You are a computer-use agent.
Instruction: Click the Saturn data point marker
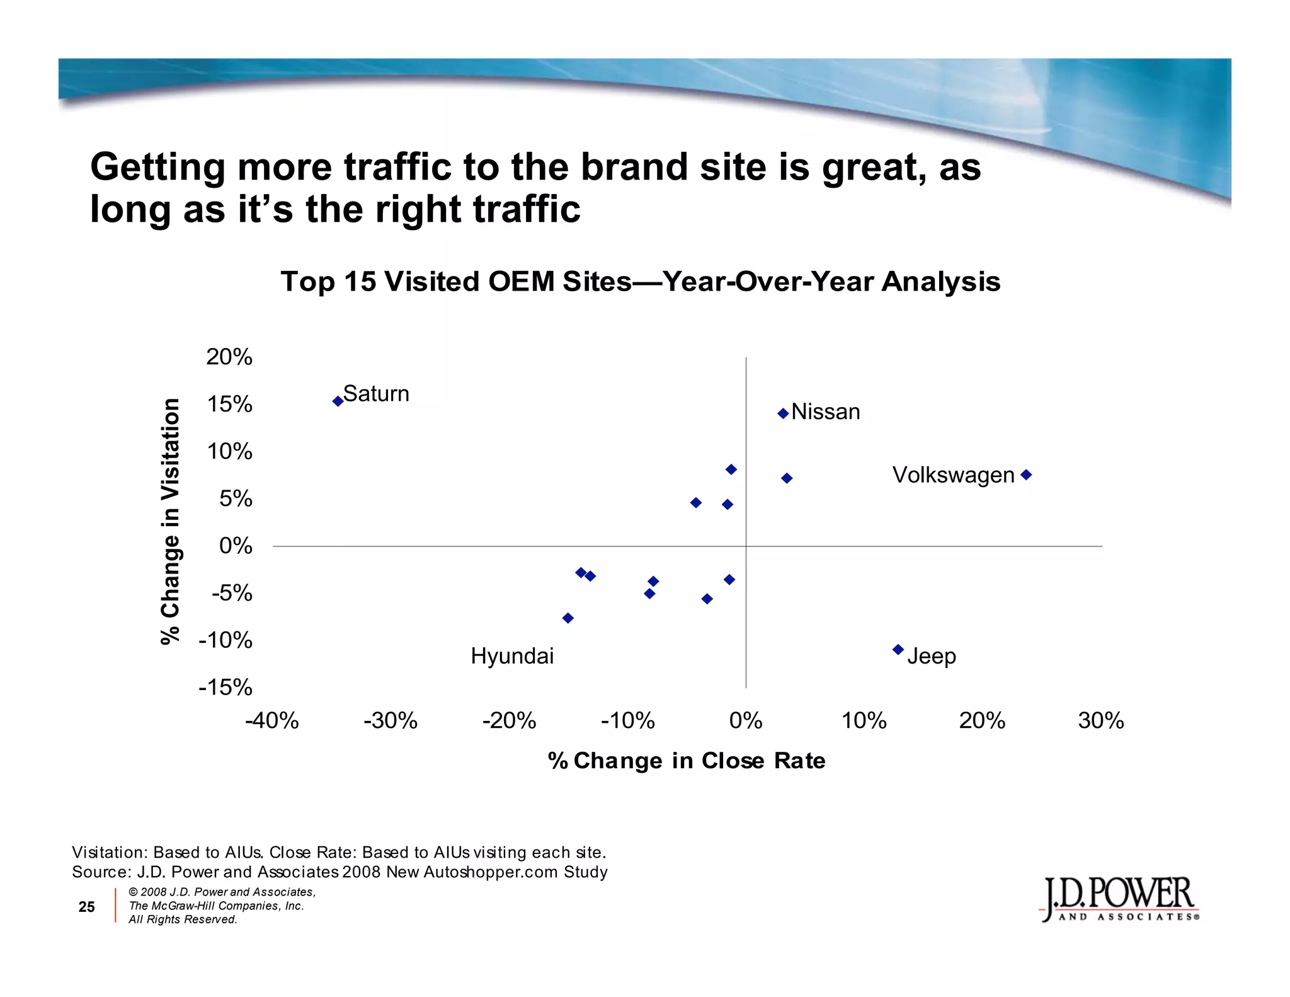point(338,401)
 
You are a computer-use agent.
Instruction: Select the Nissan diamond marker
point(783,413)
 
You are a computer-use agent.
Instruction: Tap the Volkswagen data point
point(1025,475)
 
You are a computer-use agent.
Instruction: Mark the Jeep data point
point(898,649)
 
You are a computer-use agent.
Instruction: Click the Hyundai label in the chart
point(512,656)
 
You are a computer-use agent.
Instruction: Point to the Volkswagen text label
point(953,475)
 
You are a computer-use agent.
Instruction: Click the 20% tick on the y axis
point(229,357)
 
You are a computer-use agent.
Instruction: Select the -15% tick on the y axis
point(225,687)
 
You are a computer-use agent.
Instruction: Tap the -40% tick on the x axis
point(272,720)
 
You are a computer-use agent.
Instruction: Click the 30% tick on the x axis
point(1100,720)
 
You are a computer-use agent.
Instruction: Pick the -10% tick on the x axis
point(627,720)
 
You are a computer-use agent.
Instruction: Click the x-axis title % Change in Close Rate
point(687,761)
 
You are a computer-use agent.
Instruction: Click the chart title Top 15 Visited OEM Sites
point(640,281)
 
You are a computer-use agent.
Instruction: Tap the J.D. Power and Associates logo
point(1119,899)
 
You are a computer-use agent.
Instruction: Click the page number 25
point(86,906)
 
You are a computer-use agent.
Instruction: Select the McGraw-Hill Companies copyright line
point(216,906)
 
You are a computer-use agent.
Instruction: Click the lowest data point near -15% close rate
point(568,618)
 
